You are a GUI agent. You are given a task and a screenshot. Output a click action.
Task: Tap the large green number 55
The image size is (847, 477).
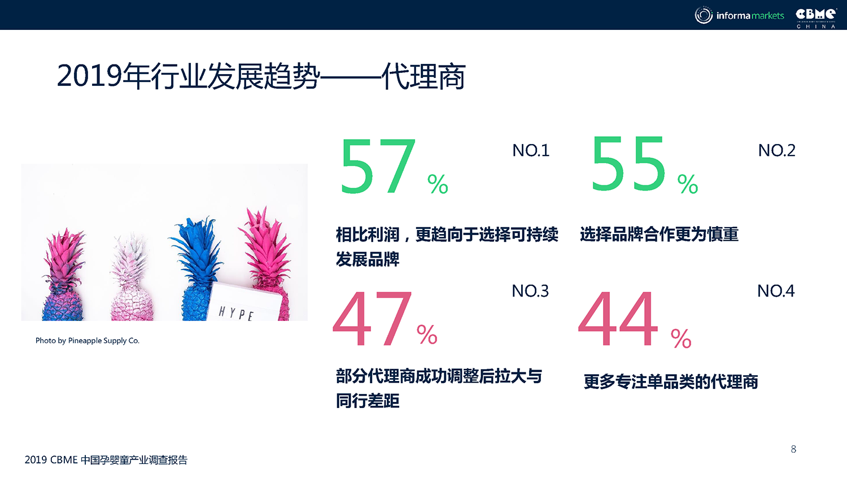(x=628, y=164)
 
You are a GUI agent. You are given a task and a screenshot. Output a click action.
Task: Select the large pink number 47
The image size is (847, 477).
(x=373, y=318)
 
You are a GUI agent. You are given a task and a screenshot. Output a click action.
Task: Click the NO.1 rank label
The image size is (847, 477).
(x=531, y=151)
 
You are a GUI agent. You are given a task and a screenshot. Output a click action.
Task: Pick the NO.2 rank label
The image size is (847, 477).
(x=776, y=151)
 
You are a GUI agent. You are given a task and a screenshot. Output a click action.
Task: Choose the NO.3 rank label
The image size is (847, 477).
(x=530, y=291)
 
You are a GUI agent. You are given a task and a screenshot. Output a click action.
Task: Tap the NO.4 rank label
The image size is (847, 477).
(x=776, y=291)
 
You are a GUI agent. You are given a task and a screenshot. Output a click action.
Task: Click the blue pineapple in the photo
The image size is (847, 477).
(x=196, y=269)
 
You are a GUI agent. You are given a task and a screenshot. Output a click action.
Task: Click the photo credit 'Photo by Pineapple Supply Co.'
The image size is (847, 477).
(x=88, y=341)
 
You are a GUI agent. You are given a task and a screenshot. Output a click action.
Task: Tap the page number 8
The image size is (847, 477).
(x=793, y=449)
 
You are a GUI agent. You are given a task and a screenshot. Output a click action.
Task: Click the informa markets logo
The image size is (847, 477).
(x=739, y=15)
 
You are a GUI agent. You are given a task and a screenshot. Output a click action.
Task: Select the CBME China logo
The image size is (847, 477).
(x=816, y=18)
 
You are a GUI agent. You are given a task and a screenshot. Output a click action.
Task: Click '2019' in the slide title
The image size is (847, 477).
(x=90, y=76)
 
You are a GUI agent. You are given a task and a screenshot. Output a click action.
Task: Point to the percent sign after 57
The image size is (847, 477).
(x=438, y=184)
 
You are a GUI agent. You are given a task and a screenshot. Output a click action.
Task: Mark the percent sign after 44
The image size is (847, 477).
(x=681, y=339)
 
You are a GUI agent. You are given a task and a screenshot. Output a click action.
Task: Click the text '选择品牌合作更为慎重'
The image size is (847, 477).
(x=659, y=235)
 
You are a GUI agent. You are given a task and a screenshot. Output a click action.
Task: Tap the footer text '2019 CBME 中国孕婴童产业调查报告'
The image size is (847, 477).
(x=106, y=460)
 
